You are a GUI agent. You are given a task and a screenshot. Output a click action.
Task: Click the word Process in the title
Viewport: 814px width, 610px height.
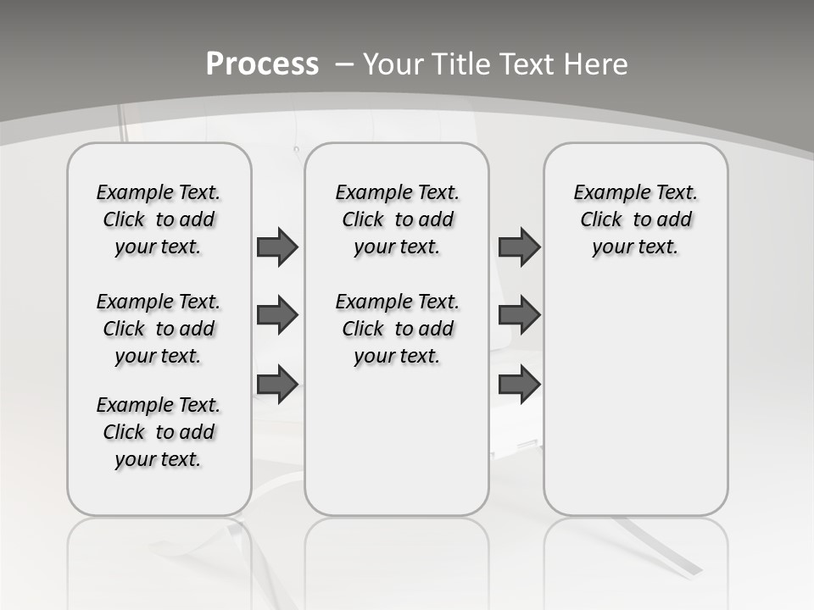click(x=262, y=64)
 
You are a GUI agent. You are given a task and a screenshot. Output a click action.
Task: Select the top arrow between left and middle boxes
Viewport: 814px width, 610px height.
click(x=277, y=247)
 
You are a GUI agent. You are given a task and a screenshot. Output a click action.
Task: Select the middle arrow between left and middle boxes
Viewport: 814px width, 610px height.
click(x=277, y=316)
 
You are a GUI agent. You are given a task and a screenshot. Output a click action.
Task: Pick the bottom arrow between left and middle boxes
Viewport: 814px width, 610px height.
click(x=277, y=385)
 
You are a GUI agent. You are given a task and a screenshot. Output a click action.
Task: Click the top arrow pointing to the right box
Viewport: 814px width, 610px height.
click(x=519, y=247)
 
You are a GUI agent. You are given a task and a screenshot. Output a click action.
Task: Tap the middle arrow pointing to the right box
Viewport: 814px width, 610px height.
click(x=519, y=316)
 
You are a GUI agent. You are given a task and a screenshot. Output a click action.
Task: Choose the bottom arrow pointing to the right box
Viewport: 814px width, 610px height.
click(x=519, y=385)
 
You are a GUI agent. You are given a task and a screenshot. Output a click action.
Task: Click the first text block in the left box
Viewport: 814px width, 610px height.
click(x=159, y=219)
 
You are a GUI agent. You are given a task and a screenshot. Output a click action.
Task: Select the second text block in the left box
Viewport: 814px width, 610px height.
click(x=159, y=329)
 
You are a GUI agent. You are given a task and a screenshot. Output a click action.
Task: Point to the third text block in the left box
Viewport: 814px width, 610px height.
click(x=159, y=432)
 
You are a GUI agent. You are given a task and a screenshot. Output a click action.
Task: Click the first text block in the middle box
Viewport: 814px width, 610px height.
click(x=398, y=219)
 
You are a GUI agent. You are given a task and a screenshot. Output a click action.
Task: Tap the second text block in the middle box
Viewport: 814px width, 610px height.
click(x=398, y=329)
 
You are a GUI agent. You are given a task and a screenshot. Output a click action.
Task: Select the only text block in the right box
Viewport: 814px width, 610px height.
click(x=636, y=219)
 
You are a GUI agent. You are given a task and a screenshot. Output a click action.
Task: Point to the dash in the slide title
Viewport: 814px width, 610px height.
click(x=344, y=64)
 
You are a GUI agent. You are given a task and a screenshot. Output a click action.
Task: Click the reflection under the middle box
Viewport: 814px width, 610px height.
click(x=397, y=559)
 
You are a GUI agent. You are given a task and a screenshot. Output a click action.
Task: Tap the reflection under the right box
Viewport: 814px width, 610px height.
click(x=636, y=559)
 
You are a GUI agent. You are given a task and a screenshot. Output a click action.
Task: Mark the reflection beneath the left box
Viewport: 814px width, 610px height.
click(x=159, y=559)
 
